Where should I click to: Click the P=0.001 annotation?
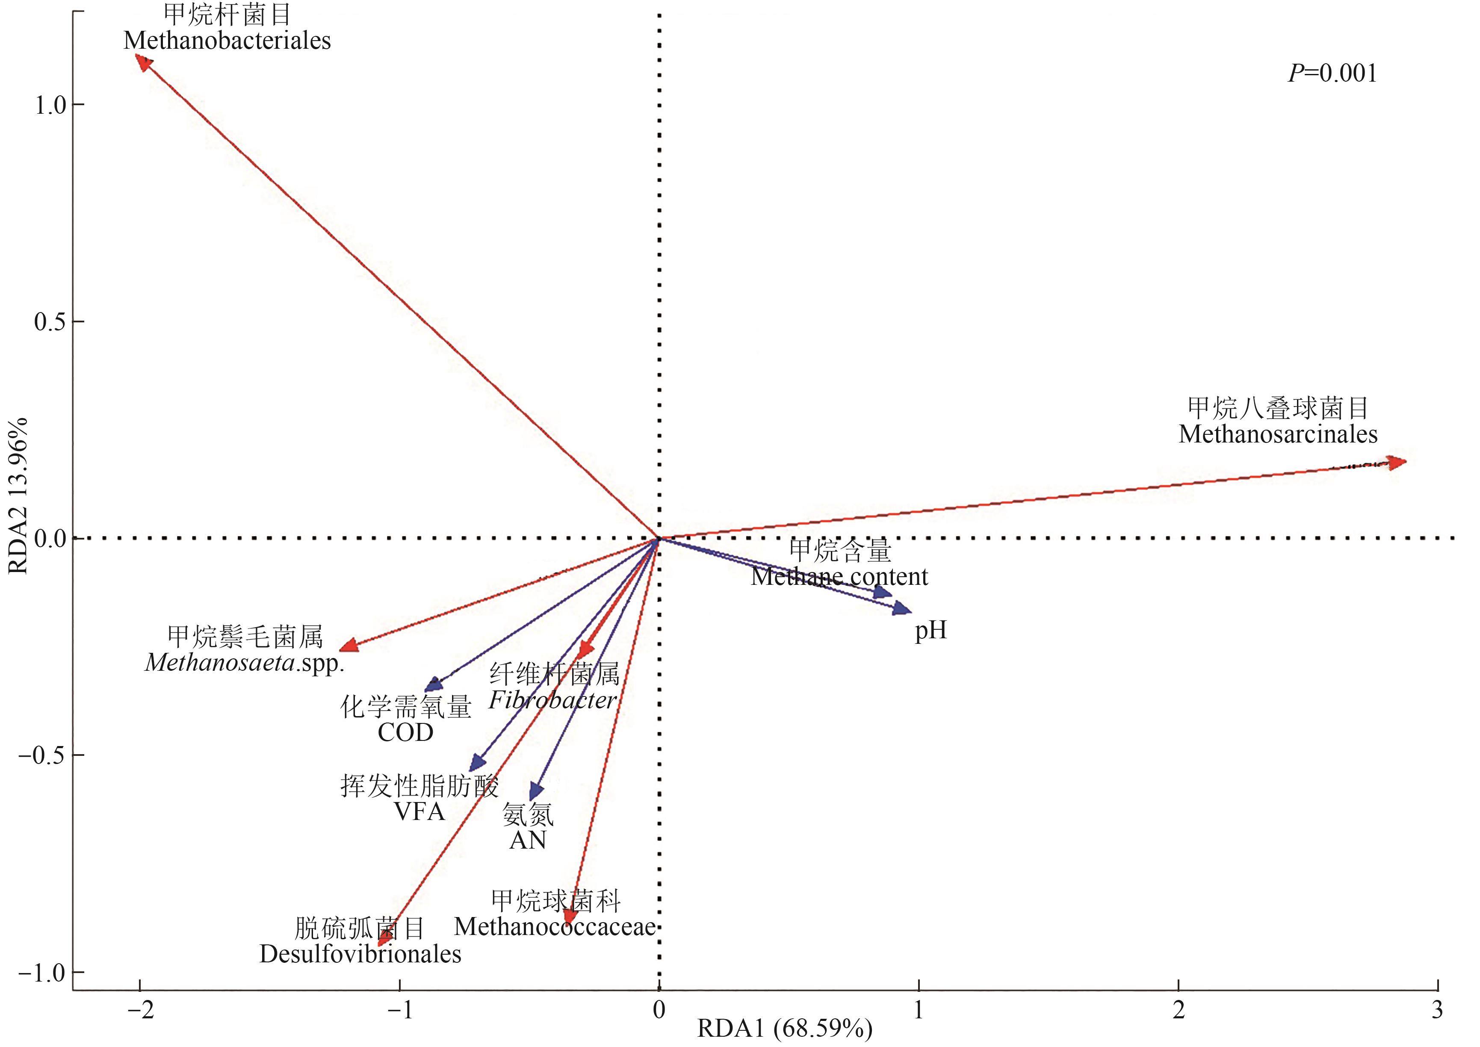1332,74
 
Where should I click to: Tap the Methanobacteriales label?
227,41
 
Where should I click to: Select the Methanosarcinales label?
1278,434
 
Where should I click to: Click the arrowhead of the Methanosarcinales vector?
1397,462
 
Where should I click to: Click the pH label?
931,631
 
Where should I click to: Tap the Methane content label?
839,576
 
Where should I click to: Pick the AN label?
528,840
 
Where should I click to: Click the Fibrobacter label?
552,700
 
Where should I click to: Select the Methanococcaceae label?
555,927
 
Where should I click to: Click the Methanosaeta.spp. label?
245,663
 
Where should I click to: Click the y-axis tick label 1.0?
50,105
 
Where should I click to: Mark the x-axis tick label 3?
1437,1010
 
